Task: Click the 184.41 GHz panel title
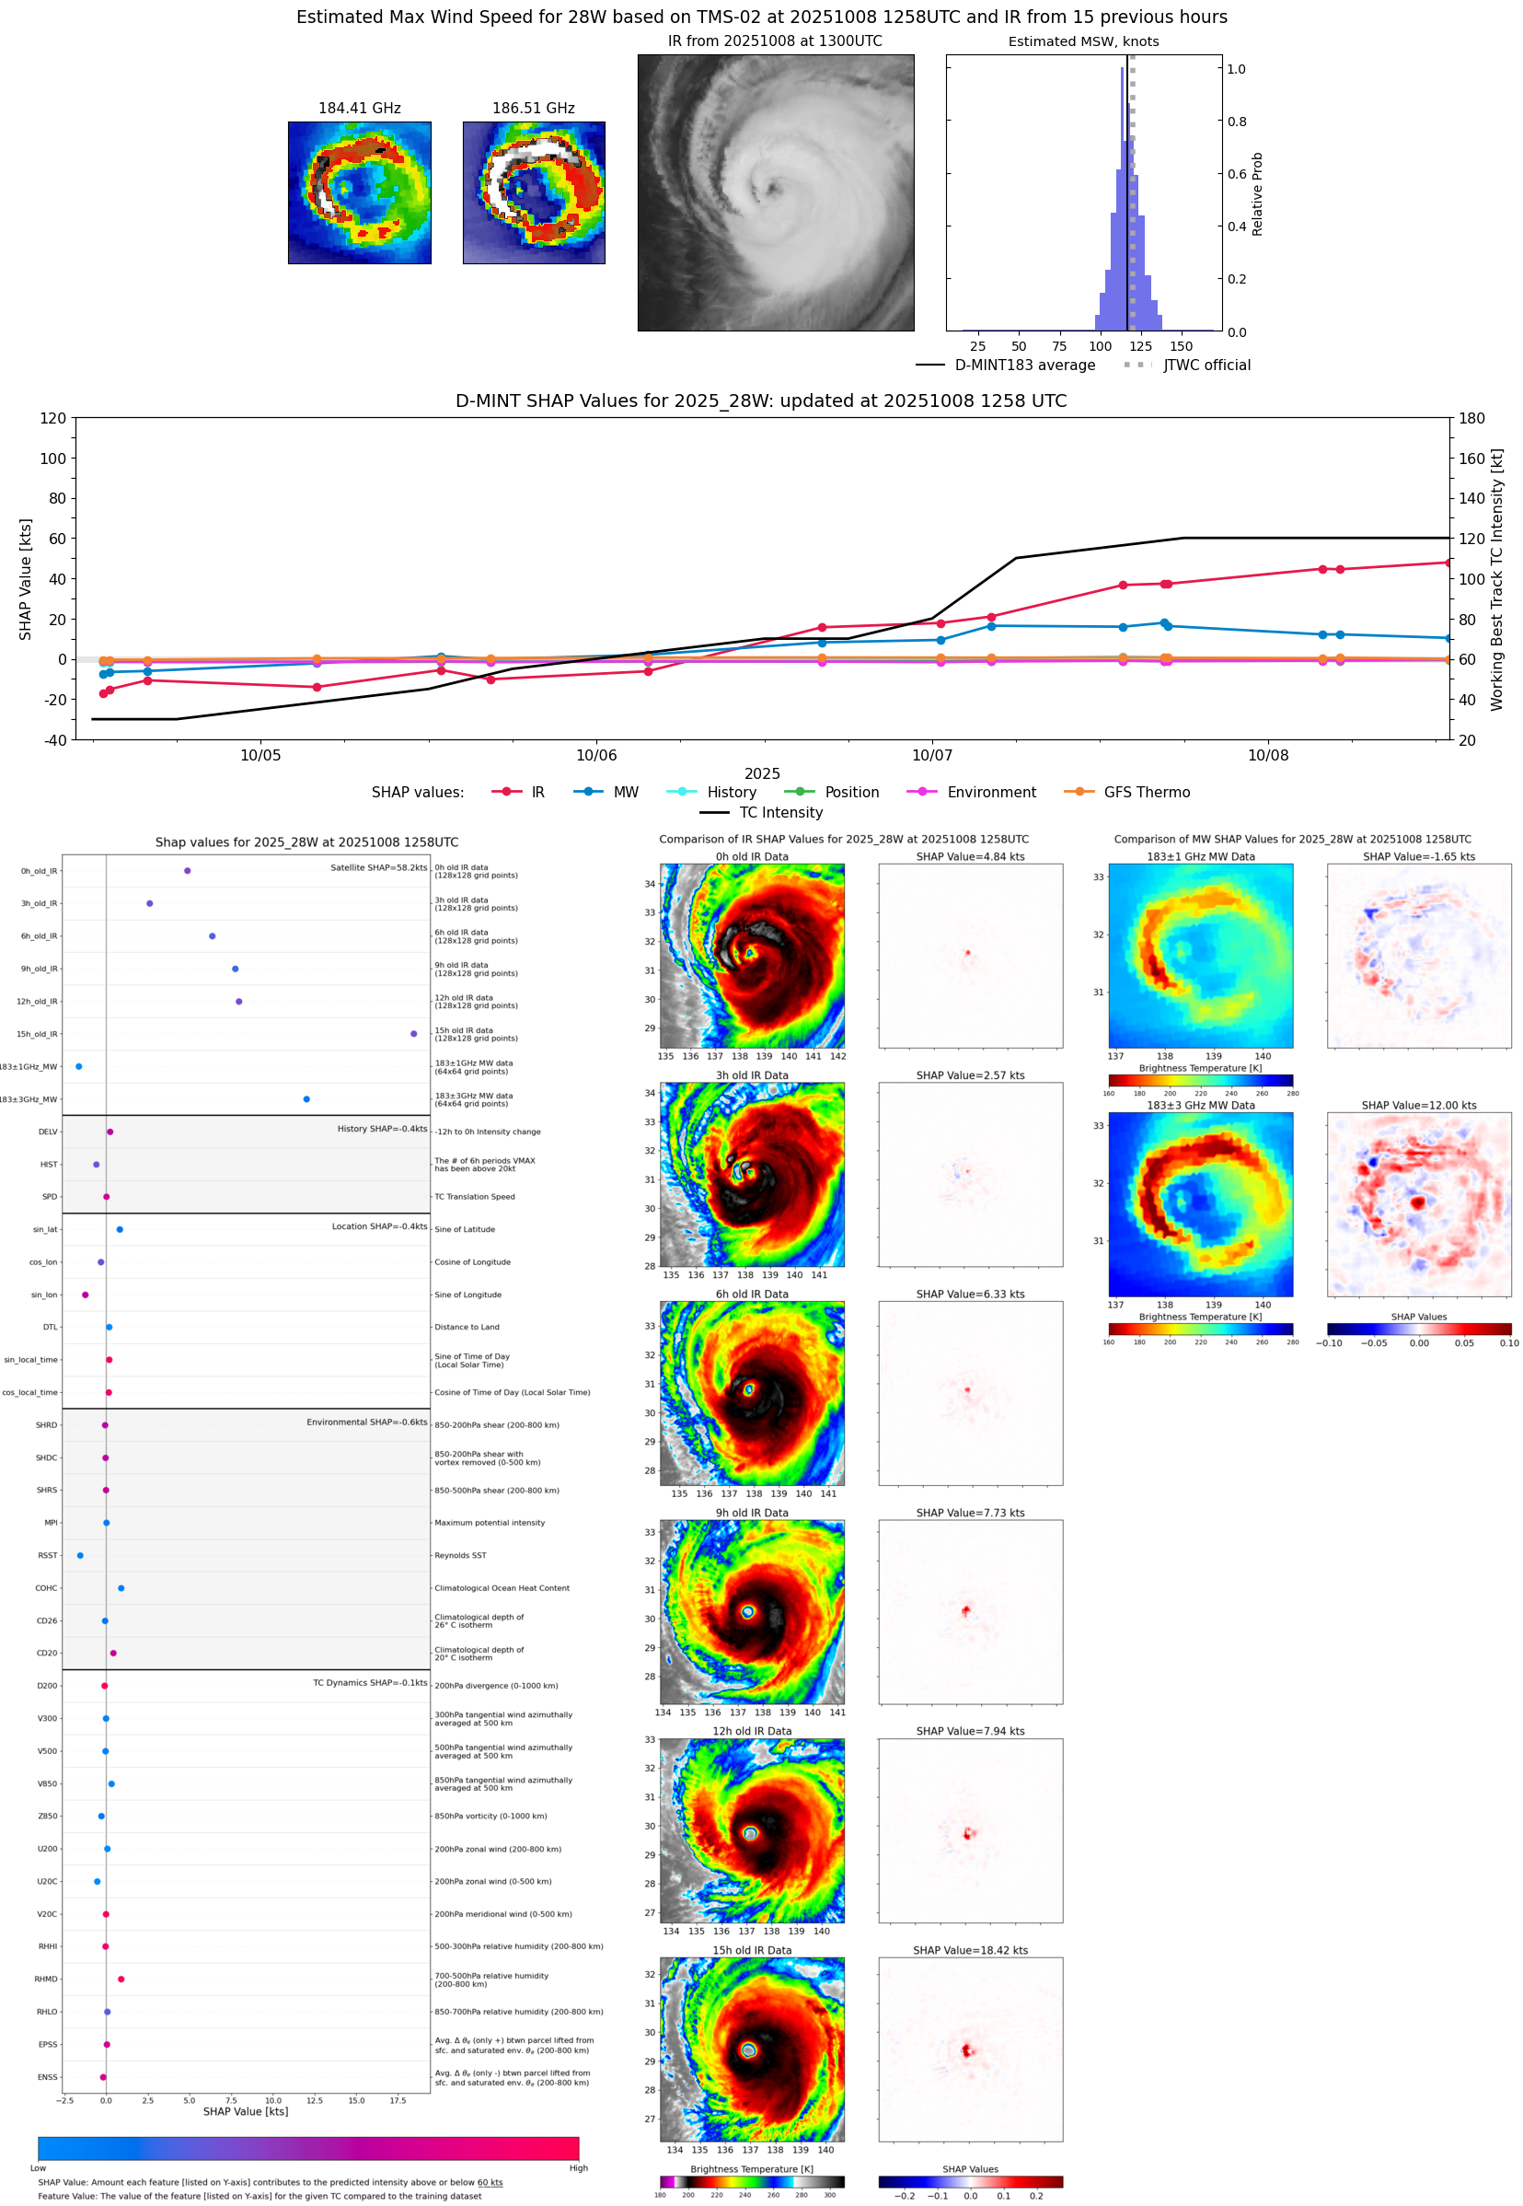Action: (359, 109)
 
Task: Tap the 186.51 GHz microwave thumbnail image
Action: (534, 192)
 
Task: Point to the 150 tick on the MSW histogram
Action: (1181, 346)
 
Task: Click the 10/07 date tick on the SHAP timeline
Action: (931, 755)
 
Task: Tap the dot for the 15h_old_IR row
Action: (413, 1034)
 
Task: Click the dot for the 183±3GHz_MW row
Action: (306, 1098)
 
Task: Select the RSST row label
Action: (48, 1555)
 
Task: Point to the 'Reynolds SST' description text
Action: (460, 1555)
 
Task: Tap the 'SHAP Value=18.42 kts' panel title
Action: (970, 1950)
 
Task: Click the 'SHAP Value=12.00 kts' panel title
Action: (1418, 1106)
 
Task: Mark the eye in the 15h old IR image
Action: (749, 2049)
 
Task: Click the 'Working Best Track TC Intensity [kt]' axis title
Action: (1496, 579)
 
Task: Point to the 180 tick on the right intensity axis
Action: (1471, 418)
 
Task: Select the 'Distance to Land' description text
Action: (467, 1327)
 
